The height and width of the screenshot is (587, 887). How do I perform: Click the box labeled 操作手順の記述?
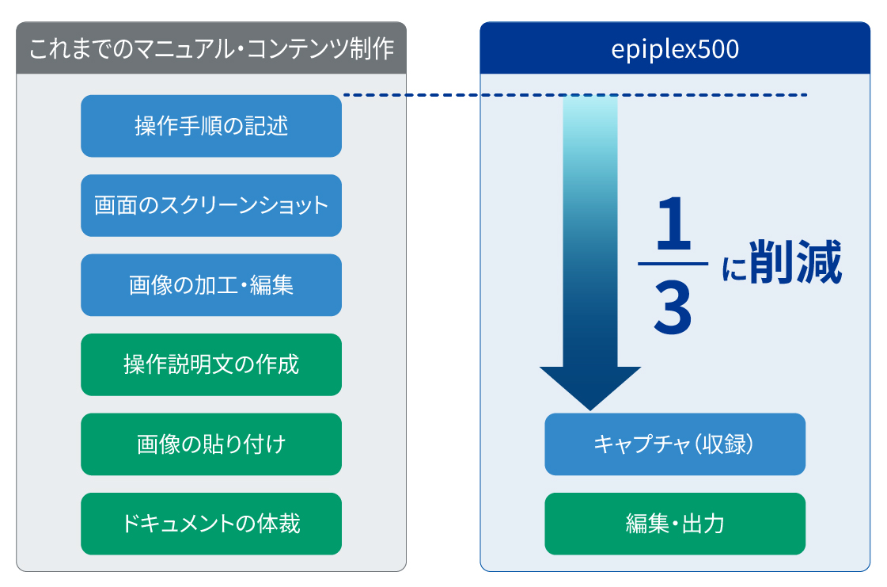211,126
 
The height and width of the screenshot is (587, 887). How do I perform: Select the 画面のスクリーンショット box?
211,206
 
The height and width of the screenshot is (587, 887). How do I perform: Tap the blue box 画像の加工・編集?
211,285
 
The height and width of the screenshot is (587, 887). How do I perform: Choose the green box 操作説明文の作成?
211,365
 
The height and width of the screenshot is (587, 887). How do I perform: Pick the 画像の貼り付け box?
211,444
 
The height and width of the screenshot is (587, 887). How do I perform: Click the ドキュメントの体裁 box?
211,524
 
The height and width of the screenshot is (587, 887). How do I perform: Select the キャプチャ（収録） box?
675,444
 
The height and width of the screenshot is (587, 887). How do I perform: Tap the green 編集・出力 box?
675,524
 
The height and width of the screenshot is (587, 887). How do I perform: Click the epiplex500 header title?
675,49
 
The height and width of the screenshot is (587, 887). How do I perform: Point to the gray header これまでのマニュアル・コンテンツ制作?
211,48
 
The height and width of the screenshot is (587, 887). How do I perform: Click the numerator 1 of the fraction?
673,224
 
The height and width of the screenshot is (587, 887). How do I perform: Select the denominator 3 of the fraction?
673,309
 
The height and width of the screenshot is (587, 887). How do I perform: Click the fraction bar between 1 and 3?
673,264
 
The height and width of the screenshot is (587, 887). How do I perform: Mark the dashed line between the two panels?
574,95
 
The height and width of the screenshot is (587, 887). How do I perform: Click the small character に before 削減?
734,269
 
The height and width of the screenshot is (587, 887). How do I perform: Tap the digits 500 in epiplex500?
718,49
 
